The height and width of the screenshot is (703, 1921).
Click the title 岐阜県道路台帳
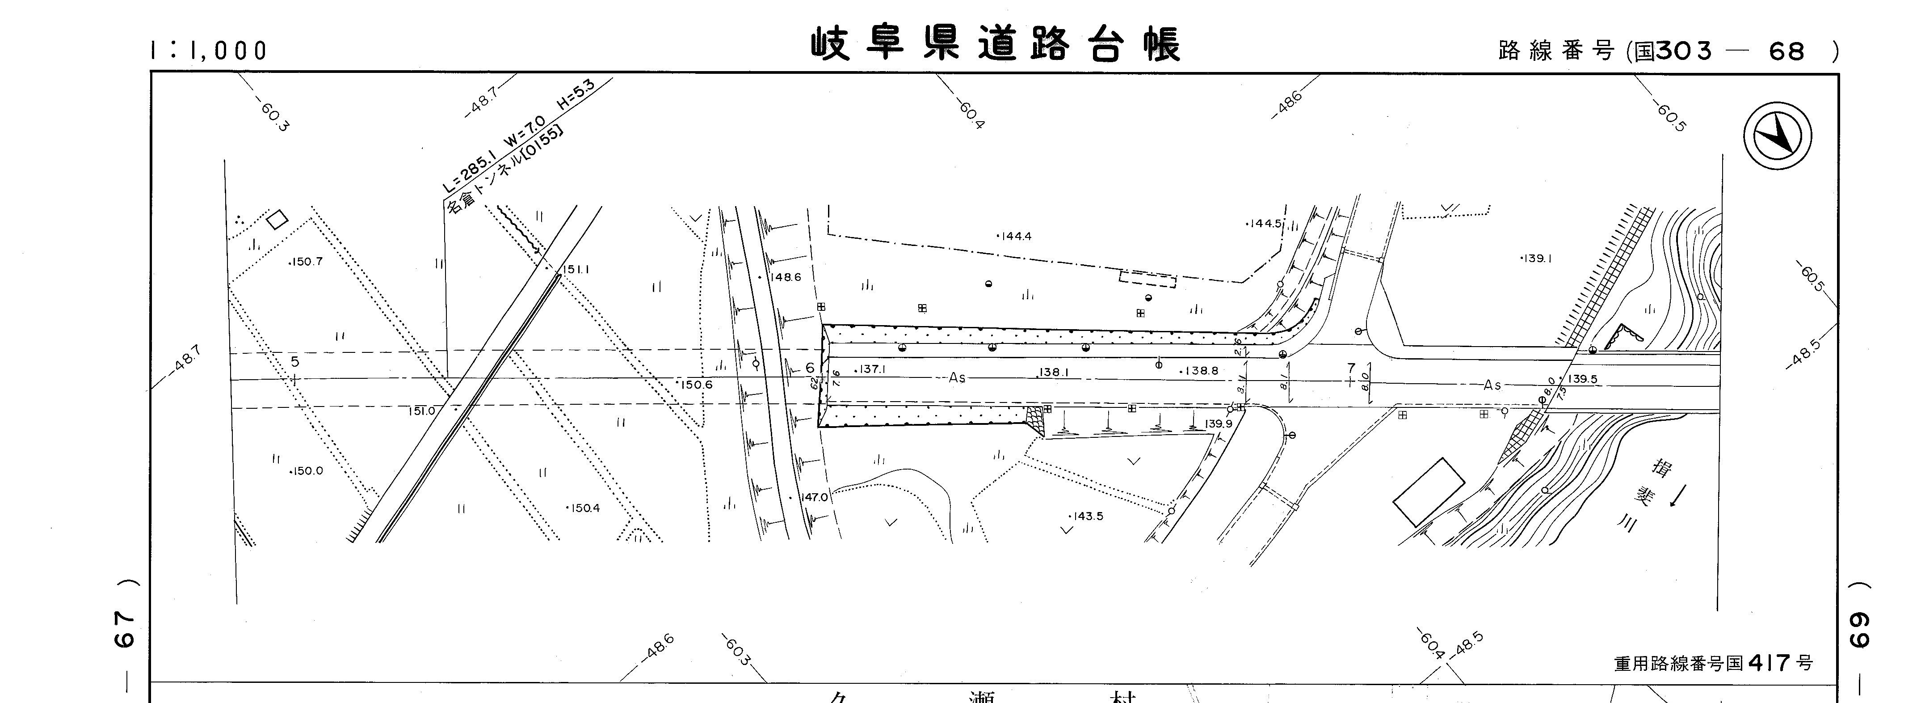pos(996,45)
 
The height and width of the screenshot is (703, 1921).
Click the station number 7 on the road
pos(1350,368)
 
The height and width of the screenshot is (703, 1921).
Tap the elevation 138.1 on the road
pos(1054,372)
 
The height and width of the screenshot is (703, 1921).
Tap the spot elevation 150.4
pos(584,508)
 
